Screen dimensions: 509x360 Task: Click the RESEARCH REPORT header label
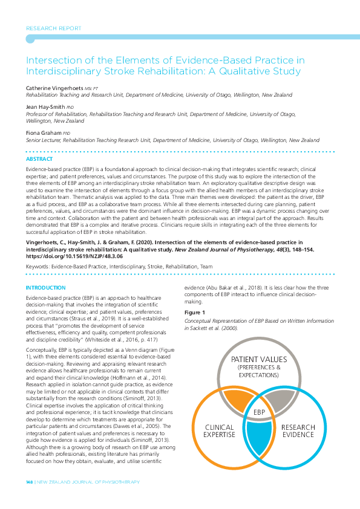coord(54,28)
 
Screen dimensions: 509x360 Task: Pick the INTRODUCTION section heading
coord(45,288)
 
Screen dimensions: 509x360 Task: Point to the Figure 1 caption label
coord(195,313)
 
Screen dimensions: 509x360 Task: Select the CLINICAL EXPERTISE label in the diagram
coord(218,430)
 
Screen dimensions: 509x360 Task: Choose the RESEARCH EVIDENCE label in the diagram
coord(298,431)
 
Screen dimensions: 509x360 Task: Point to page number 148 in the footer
coord(29,482)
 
